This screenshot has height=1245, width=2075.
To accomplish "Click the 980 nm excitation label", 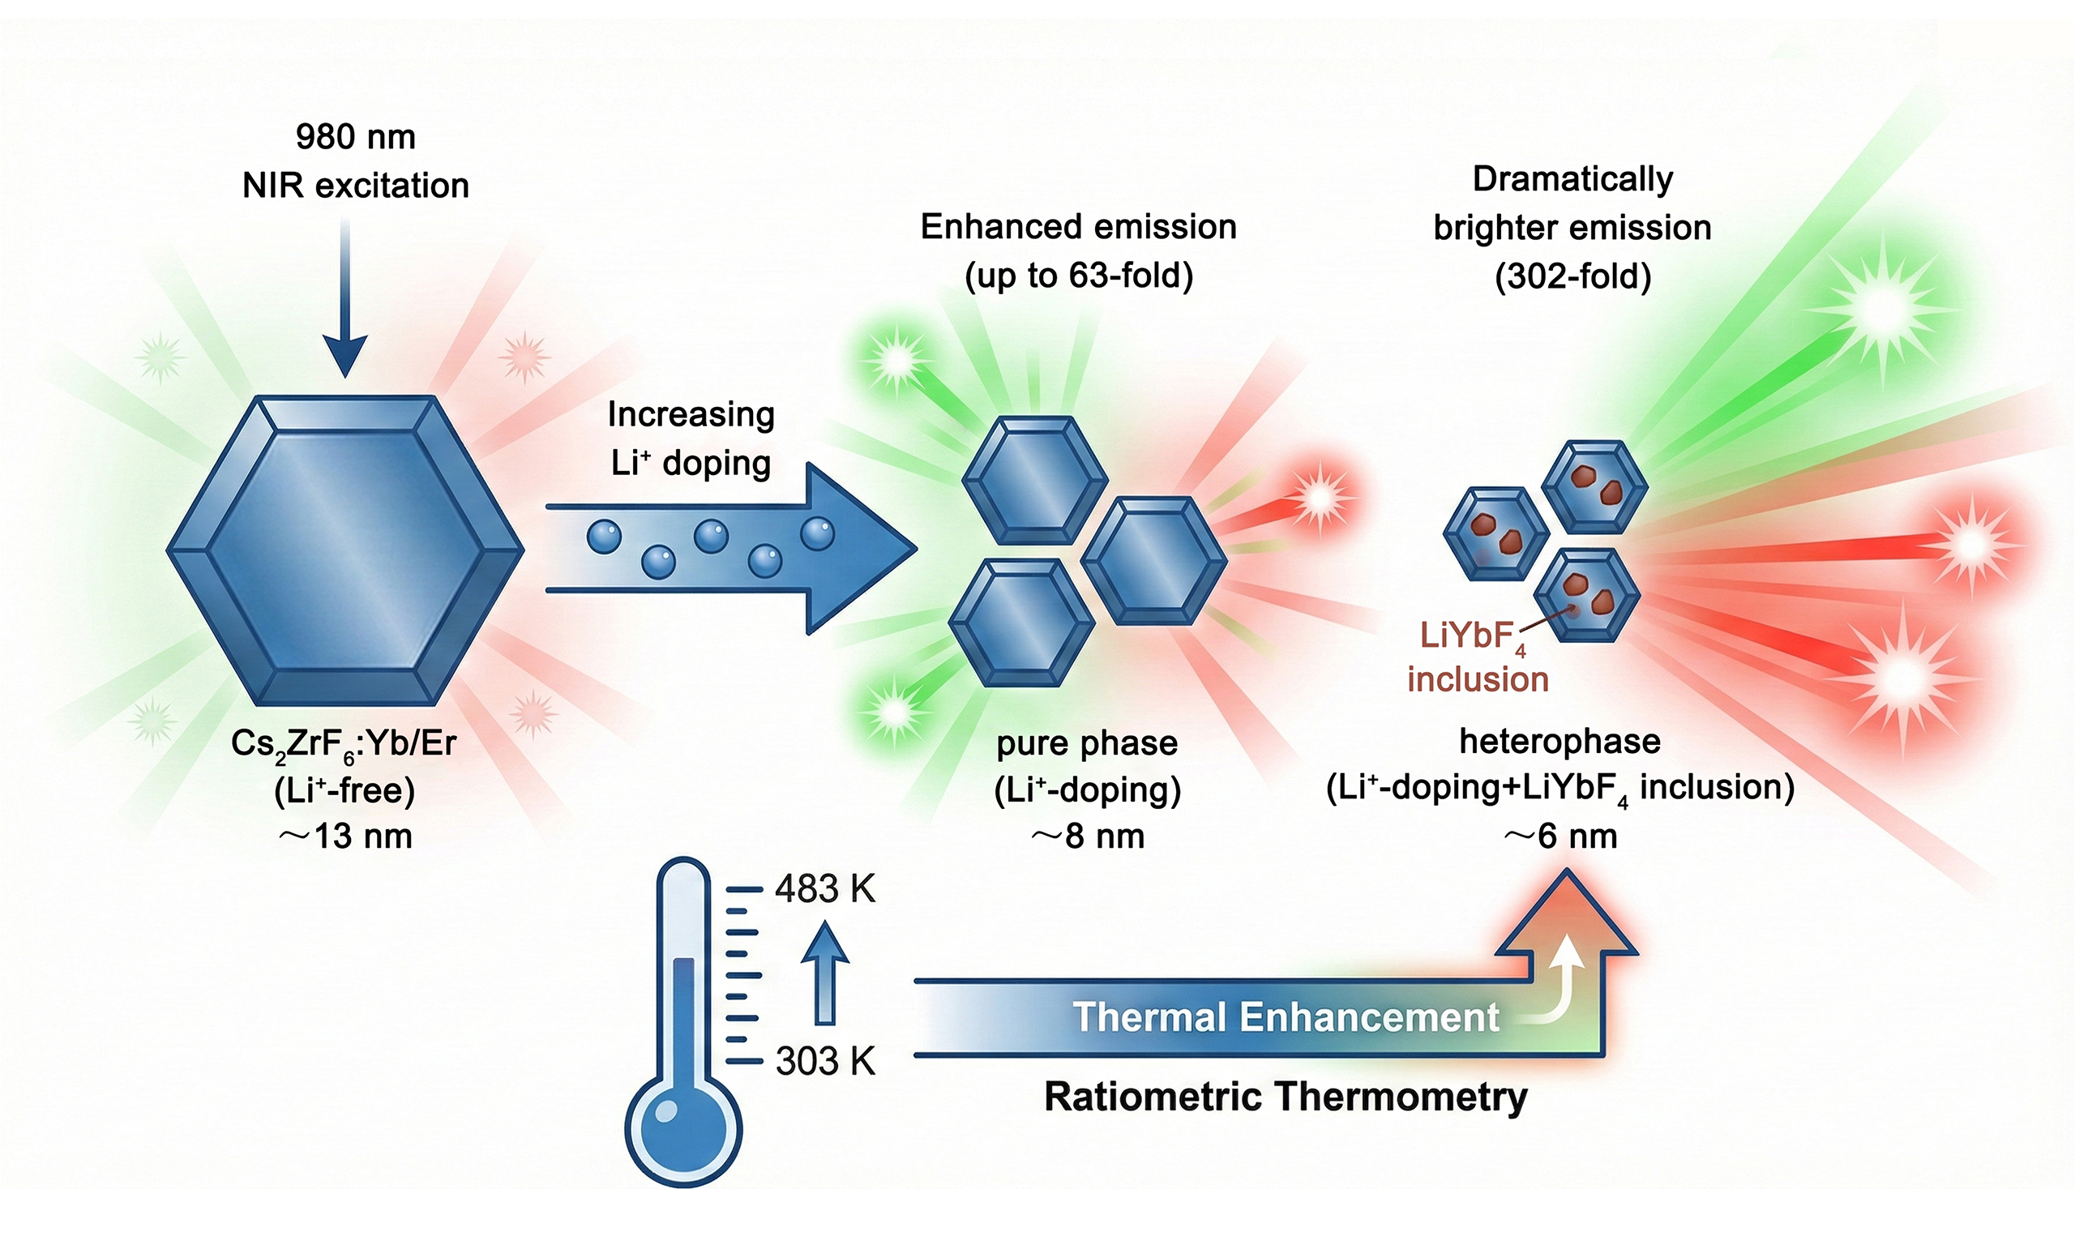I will (356, 138).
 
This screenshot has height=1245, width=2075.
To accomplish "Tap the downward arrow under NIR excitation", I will (344, 302).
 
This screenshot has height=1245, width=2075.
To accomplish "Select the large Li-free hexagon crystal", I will (344, 550).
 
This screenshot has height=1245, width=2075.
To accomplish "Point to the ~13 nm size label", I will (344, 836).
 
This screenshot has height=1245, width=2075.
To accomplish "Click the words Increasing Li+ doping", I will (691, 439).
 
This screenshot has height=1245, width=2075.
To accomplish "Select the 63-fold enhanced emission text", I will (1079, 275).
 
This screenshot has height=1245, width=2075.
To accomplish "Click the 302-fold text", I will (1572, 276).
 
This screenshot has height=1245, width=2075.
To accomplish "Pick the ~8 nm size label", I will (1087, 836).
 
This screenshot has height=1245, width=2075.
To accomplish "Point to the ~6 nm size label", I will (1559, 836).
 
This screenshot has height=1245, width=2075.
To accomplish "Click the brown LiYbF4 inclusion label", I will (1476, 657).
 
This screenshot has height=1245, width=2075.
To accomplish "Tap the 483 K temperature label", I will (824, 889).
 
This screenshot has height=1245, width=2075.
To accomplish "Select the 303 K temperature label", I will (824, 1061).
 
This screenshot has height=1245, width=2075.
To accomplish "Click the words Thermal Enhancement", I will (1285, 1016).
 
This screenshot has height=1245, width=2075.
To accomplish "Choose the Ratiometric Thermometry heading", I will (1285, 1097).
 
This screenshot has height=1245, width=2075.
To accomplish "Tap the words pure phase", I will (1087, 743).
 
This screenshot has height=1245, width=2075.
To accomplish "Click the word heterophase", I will (1559, 742).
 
